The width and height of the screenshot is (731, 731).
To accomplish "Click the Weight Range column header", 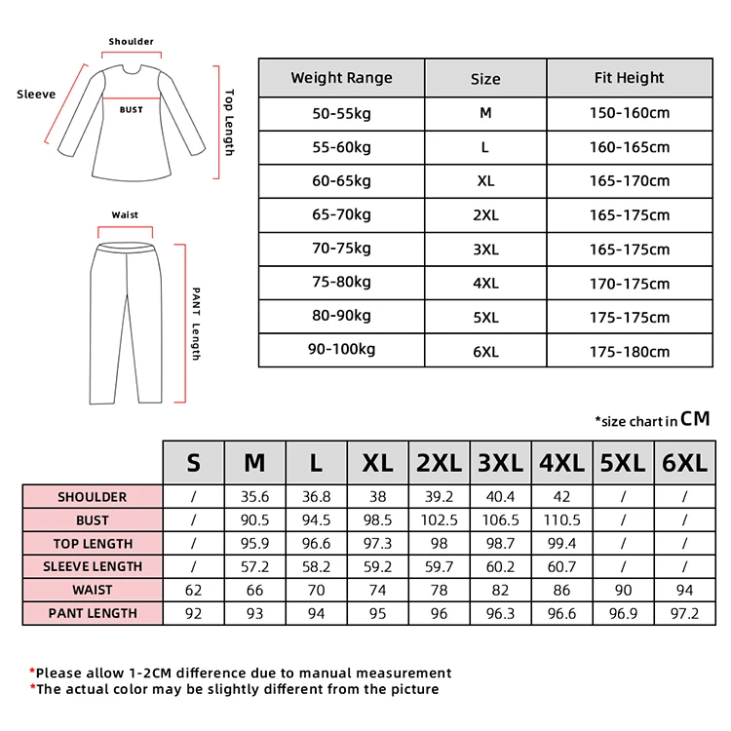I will click(x=341, y=78).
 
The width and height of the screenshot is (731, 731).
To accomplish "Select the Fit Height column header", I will click(x=629, y=78).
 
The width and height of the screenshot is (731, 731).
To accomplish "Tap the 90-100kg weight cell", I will click(x=341, y=349).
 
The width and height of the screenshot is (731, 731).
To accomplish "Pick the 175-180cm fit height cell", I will click(x=629, y=351).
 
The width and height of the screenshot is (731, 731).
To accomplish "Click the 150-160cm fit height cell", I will click(x=629, y=113).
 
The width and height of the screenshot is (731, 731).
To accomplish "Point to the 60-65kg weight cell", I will click(x=341, y=180).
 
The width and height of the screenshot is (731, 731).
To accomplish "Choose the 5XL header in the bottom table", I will click(x=622, y=462).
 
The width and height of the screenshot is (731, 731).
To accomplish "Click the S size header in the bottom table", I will click(x=193, y=462).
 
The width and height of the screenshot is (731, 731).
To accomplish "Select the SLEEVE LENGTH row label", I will click(x=93, y=566).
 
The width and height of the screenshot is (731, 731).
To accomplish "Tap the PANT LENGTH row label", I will click(x=93, y=613).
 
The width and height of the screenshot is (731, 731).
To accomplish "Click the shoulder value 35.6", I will click(x=254, y=497).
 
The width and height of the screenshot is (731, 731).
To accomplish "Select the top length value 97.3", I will click(x=377, y=543).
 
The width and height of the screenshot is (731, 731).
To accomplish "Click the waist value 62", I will click(x=193, y=590).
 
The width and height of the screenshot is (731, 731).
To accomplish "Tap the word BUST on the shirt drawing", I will click(x=132, y=110).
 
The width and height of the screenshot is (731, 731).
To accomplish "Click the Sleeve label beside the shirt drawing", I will click(x=36, y=95).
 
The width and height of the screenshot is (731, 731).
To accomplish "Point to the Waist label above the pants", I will click(x=125, y=214).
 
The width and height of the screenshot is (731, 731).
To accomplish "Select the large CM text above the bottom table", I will click(x=695, y=419).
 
